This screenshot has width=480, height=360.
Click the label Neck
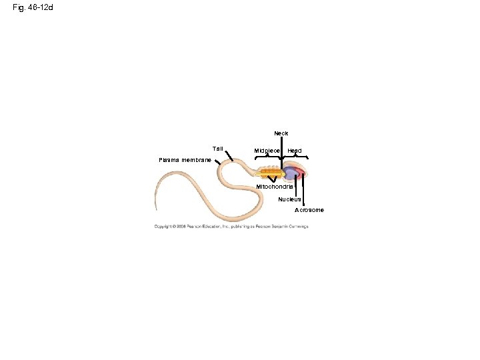click(281, 133)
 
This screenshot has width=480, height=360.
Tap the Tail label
click(218, 148)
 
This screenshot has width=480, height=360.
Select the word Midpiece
click(267, 151)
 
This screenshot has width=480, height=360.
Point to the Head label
click(294, 151)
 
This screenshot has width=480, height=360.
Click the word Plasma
click(169, 160)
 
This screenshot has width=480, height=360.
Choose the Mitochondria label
click(275, 186)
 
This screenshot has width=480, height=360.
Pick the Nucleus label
click(290, 199)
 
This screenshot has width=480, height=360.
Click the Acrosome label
click(309, 210)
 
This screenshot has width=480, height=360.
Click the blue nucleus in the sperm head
click(291, 174)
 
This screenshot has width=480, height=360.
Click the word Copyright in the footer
click(164, 227)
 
